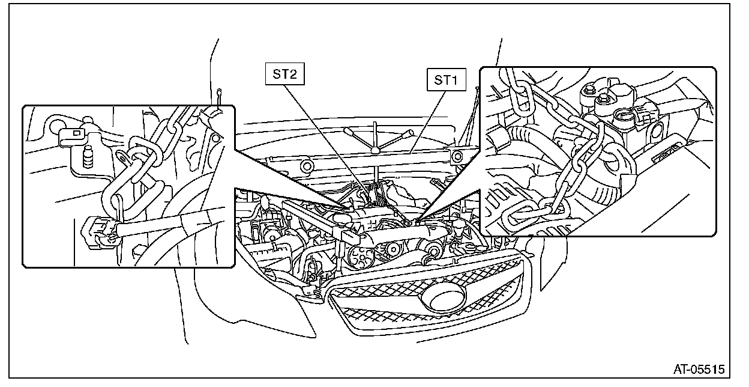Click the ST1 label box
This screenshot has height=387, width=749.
coord(447,80)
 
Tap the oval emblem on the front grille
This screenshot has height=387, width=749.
coord(445,297)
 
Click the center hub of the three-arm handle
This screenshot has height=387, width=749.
coord(375,148)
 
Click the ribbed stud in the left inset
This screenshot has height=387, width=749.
coord(88,157)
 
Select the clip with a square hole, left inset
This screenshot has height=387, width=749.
coord(74,132)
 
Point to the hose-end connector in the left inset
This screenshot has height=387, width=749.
coord(96,231)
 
